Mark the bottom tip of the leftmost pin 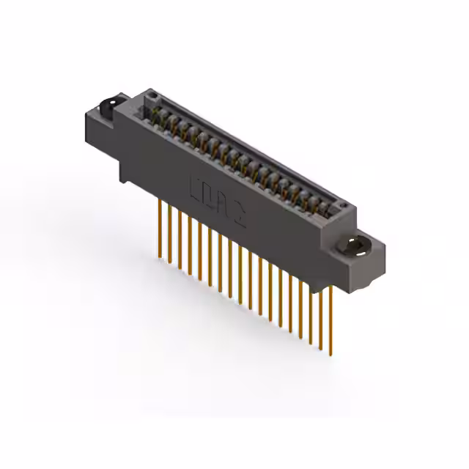coord(160,257)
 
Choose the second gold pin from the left coord(170,234)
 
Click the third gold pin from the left coord(180,240)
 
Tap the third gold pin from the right coord(310,308)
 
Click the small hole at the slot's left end coord(152,96)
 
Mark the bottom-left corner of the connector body coord(122,179)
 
